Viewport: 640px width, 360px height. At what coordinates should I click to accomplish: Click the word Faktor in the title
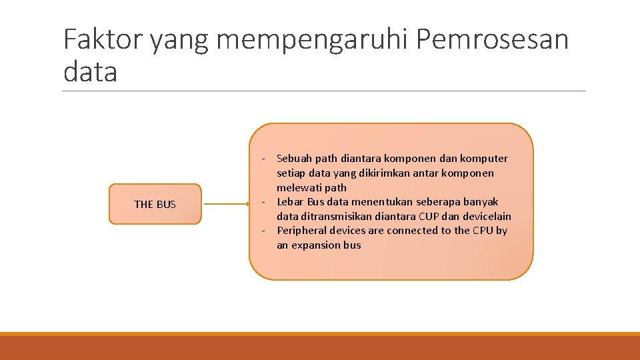[102, 40]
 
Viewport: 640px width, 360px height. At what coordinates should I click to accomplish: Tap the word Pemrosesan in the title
[492, 40]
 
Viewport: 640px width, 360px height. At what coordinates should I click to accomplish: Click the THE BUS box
[155, 204]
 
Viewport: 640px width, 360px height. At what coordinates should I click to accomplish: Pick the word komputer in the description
[484, 159]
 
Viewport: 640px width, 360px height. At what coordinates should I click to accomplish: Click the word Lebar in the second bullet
[290, 202]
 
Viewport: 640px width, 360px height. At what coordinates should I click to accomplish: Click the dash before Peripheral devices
[264, 231]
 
